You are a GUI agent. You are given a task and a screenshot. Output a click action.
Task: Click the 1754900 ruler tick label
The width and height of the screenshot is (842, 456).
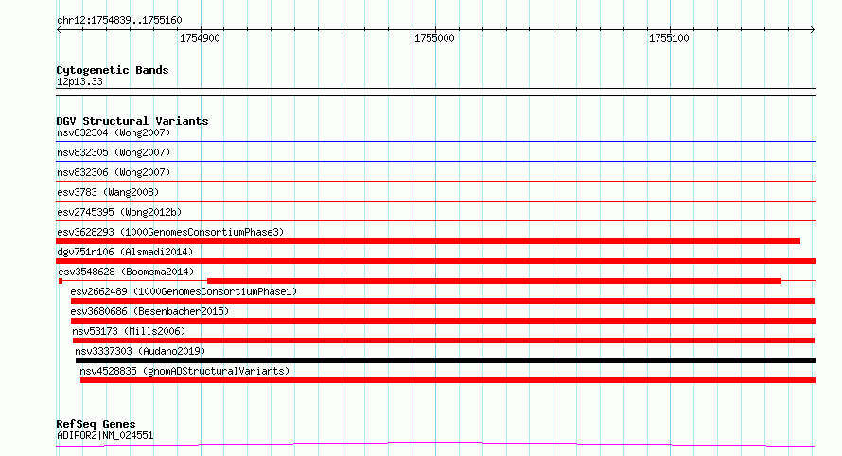[200, 38]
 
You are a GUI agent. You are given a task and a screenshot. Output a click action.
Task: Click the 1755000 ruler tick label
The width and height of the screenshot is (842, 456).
[434, 38]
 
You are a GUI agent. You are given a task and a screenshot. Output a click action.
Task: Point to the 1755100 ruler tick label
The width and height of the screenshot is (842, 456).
[669, 38]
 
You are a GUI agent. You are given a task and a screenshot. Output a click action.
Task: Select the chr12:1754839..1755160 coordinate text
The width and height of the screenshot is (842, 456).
[120, 21]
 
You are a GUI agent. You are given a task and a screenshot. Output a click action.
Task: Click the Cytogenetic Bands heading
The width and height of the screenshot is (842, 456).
[113, 70]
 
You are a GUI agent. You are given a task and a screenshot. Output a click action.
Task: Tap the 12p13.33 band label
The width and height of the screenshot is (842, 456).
[79, 81]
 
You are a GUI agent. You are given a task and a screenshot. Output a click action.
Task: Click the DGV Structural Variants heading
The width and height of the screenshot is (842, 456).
[132, 121]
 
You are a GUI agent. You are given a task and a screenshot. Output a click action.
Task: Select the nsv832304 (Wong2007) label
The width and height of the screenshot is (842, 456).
[114, 132]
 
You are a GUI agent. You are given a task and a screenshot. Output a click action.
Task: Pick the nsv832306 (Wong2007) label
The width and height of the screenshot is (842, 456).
[114, 172]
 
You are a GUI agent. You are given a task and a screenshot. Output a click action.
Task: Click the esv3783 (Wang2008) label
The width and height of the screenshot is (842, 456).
[108, 192]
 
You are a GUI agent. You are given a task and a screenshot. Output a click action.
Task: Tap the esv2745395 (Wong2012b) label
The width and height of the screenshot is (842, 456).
[120, 212]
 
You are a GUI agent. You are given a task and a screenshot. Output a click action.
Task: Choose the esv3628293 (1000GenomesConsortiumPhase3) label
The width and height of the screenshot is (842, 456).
[170, 232]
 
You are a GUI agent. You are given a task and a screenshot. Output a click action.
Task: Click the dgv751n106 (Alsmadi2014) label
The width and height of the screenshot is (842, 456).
[125, 252]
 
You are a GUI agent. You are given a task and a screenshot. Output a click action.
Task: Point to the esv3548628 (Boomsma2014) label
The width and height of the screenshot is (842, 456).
[126, 272]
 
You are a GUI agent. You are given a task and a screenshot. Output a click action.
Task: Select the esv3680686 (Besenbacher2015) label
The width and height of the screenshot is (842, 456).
[149, 311]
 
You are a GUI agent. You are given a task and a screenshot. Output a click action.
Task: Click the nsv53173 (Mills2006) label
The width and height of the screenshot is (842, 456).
[129, 331]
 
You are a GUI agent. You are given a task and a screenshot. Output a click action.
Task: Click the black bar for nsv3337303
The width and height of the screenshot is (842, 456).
[446, 360]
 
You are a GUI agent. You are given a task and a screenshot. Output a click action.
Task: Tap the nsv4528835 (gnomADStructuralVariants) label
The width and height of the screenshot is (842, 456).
[184, 371]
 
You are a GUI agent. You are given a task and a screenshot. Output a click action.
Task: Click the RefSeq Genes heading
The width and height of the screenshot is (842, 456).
[96, 424]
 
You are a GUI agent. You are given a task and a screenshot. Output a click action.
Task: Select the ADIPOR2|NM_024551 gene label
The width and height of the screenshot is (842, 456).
[105, 435]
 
